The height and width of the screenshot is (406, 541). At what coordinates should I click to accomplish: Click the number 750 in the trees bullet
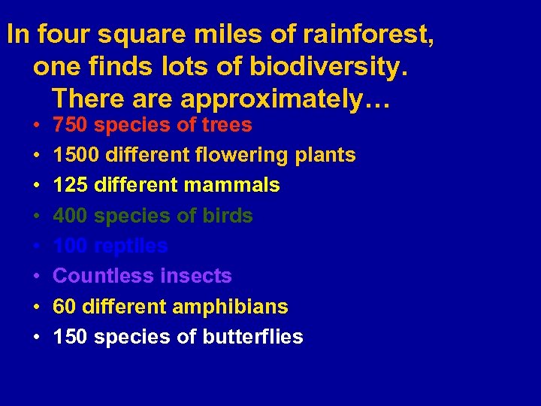pos(71,125)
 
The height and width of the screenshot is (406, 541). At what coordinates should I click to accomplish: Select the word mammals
pos(243,185)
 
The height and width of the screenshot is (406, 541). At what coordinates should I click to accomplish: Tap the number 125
pos(71,185)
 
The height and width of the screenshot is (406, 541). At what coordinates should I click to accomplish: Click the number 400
pos(71,216)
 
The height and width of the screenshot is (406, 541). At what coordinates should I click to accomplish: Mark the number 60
pos(65,307)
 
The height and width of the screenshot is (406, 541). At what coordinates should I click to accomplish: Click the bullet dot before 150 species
pos(37,338)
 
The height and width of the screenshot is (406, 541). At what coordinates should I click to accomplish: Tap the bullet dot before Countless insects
pos(37,277)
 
